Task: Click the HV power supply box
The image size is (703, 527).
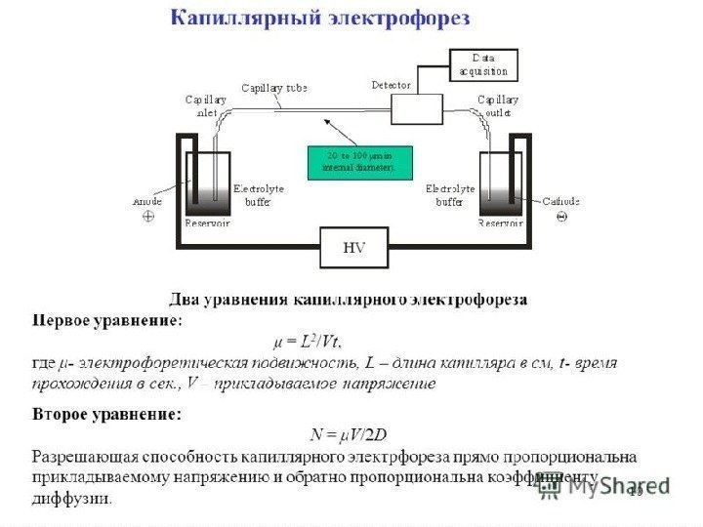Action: tap(353, 248)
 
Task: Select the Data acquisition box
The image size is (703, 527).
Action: tap(483, 65)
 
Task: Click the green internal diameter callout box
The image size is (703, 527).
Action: tap(359, 162)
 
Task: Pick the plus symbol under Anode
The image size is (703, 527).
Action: tap(148, 217)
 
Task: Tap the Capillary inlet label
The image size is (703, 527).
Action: tap(206, 105)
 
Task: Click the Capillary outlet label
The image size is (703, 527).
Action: tap(498, 105)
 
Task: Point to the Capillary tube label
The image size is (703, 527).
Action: tap(274, 88)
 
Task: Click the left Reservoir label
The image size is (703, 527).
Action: tap(207, 223)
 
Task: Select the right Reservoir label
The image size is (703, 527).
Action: tap(500, 223)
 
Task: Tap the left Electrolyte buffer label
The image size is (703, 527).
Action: tap(257, 195)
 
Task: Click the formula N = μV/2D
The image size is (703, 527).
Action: tap(349, 434)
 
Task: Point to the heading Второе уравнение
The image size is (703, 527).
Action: tap(107, 414)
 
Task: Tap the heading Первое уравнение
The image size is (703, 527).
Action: tap(107, 319)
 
